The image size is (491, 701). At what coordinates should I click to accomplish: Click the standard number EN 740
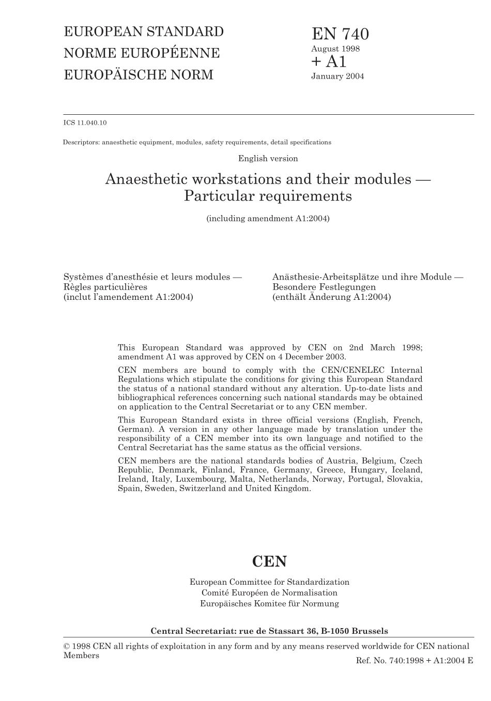tap(340, 34)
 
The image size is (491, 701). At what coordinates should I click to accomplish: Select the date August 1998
tap(335, 49)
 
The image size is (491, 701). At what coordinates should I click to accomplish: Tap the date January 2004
tap(337, 77)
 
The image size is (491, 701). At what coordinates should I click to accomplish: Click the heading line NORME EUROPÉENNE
tap(142, 53)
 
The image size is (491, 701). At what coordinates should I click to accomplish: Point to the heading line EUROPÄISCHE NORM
tap(139, 75)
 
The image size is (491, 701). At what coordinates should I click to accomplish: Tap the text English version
tap(268, 159)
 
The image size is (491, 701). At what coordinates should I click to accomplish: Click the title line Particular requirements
tap(268, 196)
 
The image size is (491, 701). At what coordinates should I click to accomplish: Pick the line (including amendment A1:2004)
tap(268, 219)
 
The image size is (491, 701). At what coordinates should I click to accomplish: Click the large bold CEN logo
tap(269, 561)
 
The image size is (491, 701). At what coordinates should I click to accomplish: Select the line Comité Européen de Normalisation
tap(269, 593)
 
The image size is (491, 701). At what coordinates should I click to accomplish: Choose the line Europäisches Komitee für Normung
tap(269, 604)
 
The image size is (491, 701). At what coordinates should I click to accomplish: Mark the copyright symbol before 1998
tap(67, 647)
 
